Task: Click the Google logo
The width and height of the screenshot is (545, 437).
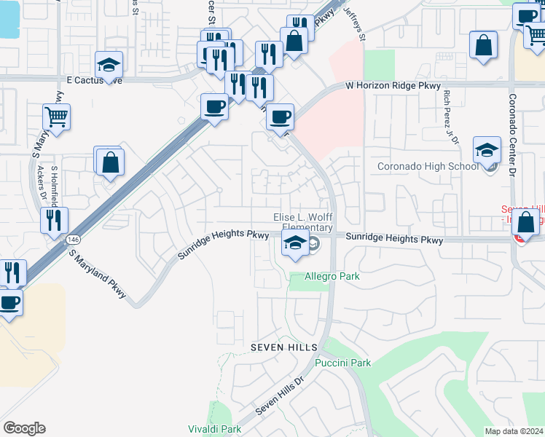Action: coord(24,428)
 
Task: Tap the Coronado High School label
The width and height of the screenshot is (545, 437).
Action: coord(428,167)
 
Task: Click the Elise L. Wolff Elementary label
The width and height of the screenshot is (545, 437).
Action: coord(302,222)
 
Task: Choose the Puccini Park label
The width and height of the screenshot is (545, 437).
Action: coord(342,363)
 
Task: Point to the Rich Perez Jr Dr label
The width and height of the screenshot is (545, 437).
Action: coord(447,117)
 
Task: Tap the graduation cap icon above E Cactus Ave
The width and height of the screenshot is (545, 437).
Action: coord(109,66)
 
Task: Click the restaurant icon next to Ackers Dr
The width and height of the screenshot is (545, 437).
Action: coord(54,221)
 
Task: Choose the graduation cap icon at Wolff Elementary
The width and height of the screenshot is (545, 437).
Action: coord(294,245)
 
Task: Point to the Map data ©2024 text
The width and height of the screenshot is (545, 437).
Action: coord(514,431)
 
